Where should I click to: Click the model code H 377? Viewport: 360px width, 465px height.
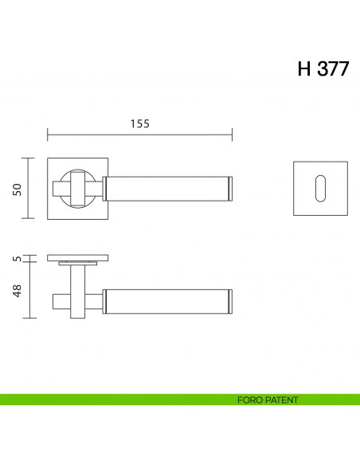pos(323,68)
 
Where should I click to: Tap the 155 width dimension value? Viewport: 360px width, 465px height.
pos(139,123)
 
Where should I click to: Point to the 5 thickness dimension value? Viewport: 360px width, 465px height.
pos(16,258)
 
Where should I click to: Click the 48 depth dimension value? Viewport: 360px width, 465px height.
pos(16,291)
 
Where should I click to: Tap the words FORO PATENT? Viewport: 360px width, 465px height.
pos(268,400)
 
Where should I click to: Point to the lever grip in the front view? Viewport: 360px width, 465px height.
pos(167,188)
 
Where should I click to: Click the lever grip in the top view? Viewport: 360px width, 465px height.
pos(167,300)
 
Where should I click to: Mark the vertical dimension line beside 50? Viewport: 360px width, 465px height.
pos(29,188)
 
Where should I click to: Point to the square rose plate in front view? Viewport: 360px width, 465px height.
pos(56,211)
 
